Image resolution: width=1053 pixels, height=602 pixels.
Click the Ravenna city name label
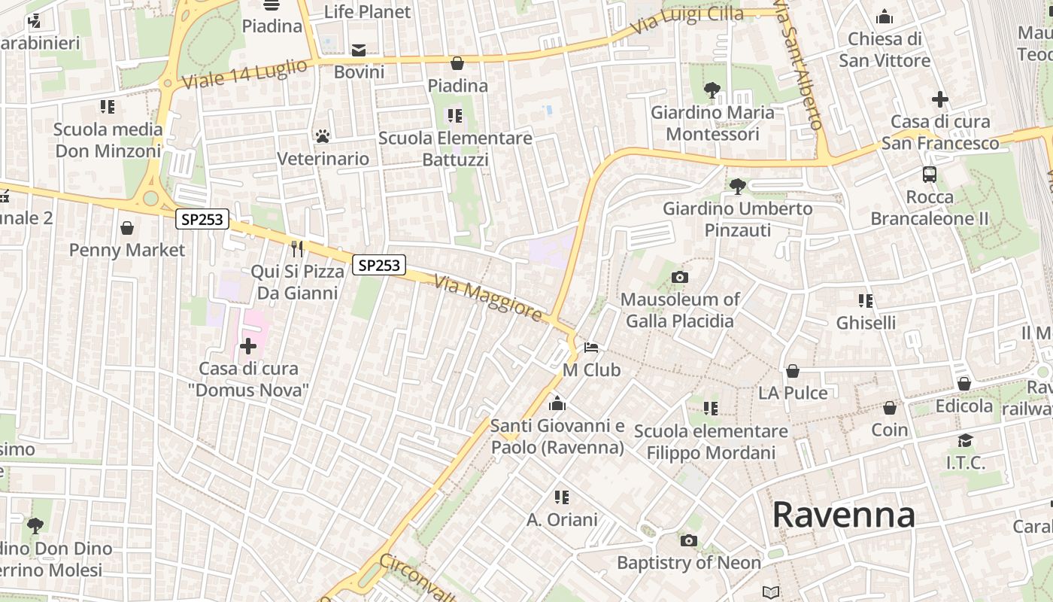tap(843, 515)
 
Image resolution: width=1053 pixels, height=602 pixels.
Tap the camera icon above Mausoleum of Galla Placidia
tap(679, 278)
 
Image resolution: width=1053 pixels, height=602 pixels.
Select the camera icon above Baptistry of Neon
tap(688, 540)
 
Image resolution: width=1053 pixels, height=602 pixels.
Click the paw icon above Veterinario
tap(323, 136)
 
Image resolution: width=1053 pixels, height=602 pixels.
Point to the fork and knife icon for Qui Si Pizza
tap(297, 248)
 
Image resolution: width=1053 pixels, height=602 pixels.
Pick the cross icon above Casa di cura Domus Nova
tap(247, 346)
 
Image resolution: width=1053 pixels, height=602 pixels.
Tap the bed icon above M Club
tap(592, 348)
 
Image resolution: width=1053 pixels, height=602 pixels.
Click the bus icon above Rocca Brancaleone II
tap(930, 175)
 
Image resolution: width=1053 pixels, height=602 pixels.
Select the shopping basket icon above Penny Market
tap(127, 227)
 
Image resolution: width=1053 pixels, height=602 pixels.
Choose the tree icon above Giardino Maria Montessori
tap(712, 90)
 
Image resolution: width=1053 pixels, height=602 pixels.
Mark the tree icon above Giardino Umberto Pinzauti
tap(738, 185)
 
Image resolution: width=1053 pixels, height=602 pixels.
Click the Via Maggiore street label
tap(489, 296)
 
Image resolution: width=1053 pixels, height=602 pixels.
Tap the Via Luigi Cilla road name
tap(687, 20)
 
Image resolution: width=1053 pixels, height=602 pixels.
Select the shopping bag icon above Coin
tap(890, 408)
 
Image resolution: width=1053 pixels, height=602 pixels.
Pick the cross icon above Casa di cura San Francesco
tap(939, 99)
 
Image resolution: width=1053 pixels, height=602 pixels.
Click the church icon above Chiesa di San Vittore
tap(885, 17)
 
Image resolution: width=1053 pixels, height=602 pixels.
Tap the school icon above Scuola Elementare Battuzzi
tap(455, 115)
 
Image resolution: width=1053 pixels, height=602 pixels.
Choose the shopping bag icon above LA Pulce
tap(792, 371)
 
